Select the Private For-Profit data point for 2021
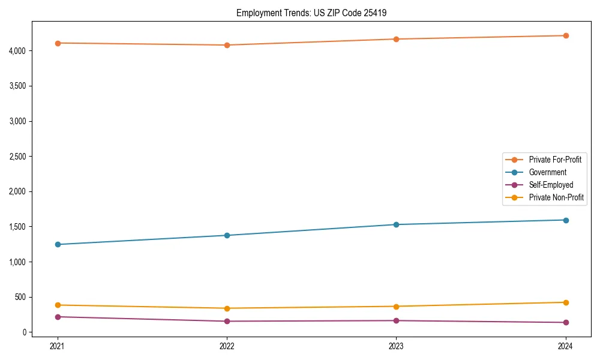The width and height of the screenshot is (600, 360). [58, 43]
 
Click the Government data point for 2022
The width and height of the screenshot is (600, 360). [227, 235]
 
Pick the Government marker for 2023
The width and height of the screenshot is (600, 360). [396, 224]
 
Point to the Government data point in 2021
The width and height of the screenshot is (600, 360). [58, 244]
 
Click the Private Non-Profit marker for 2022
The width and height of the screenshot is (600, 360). [227, 308]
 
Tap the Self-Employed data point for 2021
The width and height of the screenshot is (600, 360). [58, 317]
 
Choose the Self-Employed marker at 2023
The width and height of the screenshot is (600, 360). [396, 320]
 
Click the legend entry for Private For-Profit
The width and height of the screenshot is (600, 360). [554, 160]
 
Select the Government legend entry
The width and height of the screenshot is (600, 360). [547, 172]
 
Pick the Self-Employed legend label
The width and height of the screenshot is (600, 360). [551, 185]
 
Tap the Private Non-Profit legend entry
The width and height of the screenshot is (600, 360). [556, 197]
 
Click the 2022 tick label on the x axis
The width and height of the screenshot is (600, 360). [227, 346]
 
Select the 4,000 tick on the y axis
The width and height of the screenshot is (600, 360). [17, 51]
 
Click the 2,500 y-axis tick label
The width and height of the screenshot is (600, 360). [17, 157]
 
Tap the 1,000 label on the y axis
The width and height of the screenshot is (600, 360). [17, 262]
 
